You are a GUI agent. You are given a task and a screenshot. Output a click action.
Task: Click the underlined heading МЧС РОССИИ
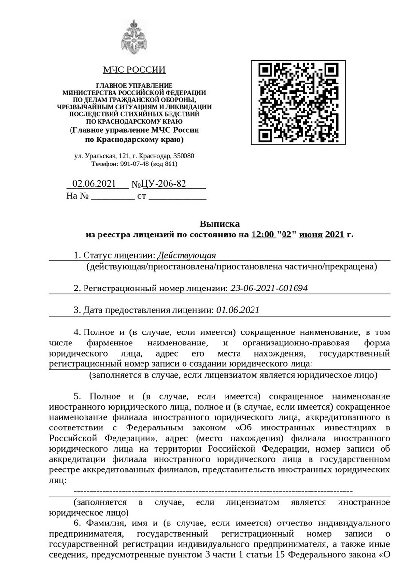[x=134, y=70]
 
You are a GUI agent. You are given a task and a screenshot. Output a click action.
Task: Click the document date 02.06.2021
[x=94, y=184]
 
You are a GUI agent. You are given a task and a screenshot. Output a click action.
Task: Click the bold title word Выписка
[x=219, y=224]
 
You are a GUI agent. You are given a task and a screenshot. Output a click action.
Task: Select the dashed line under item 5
[x=212, y=491]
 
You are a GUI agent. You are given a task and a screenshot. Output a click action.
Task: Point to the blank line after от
[x=177, y=197]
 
